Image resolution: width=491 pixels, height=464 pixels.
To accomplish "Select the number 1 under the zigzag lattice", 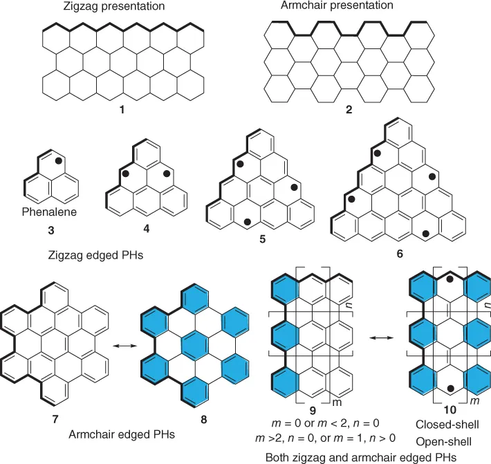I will click(x=122, y=108).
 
